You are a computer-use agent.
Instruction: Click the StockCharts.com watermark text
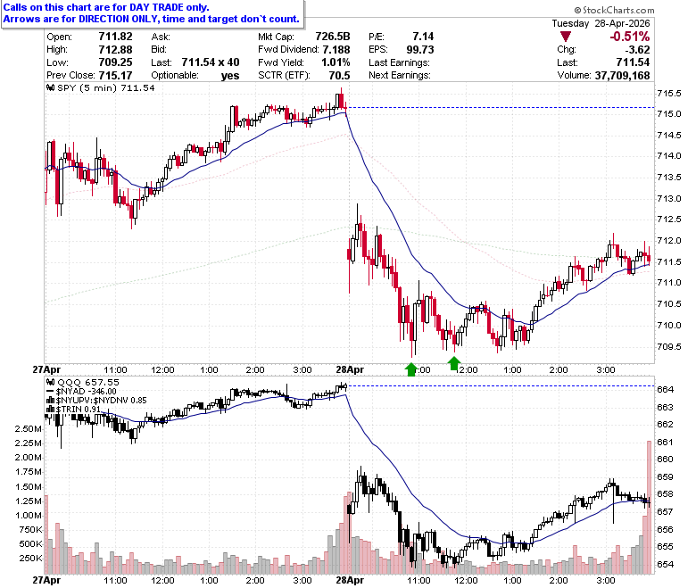[x=614, y=10]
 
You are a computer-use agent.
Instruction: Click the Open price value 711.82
[x=115, y=37]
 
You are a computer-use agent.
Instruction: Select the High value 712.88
[x=115, y=49]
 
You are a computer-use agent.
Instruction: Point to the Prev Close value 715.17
[x=115, y=76]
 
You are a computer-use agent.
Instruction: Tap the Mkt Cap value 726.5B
[x=333, y=37]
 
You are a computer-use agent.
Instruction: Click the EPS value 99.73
[x=420, y=49]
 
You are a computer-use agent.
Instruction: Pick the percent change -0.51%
[x=629, y=37]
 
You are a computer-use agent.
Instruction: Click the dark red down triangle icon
[x=566, y=37]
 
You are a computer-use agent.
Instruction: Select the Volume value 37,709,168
[x=622, y=76]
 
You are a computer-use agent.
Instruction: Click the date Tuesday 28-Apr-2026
[x=601, y=23]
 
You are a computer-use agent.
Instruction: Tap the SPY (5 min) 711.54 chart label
[x=101, y=87]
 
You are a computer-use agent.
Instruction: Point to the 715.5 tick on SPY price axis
[x=669, y=93]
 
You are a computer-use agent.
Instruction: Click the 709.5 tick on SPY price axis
[x=669, y=346]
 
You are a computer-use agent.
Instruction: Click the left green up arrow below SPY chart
[x=411, y=369]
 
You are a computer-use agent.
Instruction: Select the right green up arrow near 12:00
[x=453, y=363]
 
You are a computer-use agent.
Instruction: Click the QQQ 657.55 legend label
[x=84, y=382]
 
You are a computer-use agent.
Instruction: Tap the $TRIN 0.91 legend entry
[x=73, y=409]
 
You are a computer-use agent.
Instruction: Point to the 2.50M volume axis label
[x=29, y=428]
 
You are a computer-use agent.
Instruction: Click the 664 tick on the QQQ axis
[x=666, y=390]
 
